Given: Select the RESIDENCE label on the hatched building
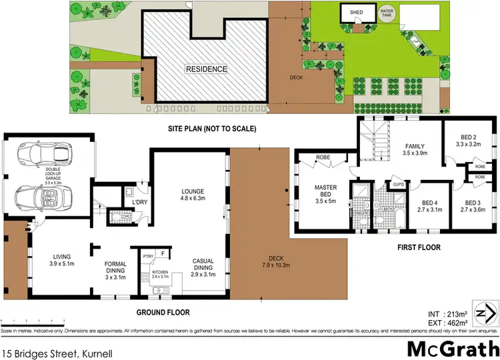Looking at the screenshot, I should [206, 69].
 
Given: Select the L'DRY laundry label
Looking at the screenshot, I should [139, 201].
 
